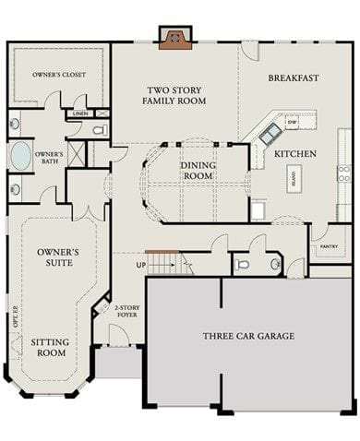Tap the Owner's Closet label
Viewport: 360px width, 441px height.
pyautogui.click(x=54, y=74)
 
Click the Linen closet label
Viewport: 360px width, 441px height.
pyautogui.click(x=80, y=113)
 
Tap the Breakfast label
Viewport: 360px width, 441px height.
pyautogui.click(x=294, y=78)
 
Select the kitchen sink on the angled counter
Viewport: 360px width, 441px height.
pyautogui.click(x=270, y=135)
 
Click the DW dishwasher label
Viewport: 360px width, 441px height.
pyautogui.click(x=292, y=122)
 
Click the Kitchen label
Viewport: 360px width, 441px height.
pyautogui.click(x=295, y=153)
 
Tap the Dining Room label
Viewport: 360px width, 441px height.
pyautogui.click(x=198, y=170)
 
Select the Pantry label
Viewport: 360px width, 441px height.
pyautogui.click(x=328, y=247)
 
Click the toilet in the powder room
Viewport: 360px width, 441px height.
pyautogui.click(x=243, y=264)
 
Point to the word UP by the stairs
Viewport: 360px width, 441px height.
pyautogui.click(x=140, y=266)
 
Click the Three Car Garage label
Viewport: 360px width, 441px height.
pyautogui.click(x=248, y=336)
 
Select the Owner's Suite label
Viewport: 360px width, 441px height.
pyautogui.click(x=57, y=256)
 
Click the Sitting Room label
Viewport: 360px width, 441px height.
pyautogui.click(x=49, y=347)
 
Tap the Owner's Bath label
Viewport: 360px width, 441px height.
pyautogui.click(x=49, y=159)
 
